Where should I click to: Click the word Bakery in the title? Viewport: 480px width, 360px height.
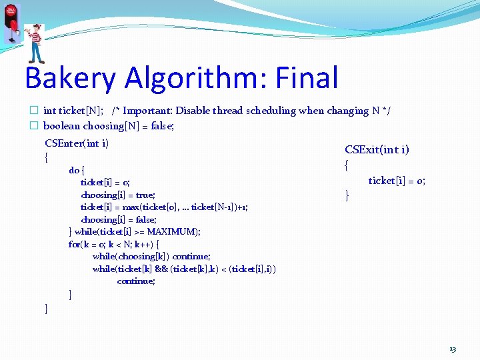point(69,78)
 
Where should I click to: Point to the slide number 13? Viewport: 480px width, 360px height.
point(453,349)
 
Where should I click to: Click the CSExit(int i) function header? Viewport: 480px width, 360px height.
point(377,149)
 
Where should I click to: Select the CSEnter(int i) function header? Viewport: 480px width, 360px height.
point(77,143)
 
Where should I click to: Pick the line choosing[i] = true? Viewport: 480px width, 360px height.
point(118,195)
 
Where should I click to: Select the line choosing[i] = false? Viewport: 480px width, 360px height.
point(119,219)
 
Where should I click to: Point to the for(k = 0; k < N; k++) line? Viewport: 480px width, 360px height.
point(113,244)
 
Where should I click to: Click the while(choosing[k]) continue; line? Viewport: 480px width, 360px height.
point(151,256)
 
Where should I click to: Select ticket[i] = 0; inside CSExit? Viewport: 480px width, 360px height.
point(397,181)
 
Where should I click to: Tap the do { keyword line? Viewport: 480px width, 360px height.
point(76,170)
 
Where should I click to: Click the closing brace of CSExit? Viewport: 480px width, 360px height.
point(347,195)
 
